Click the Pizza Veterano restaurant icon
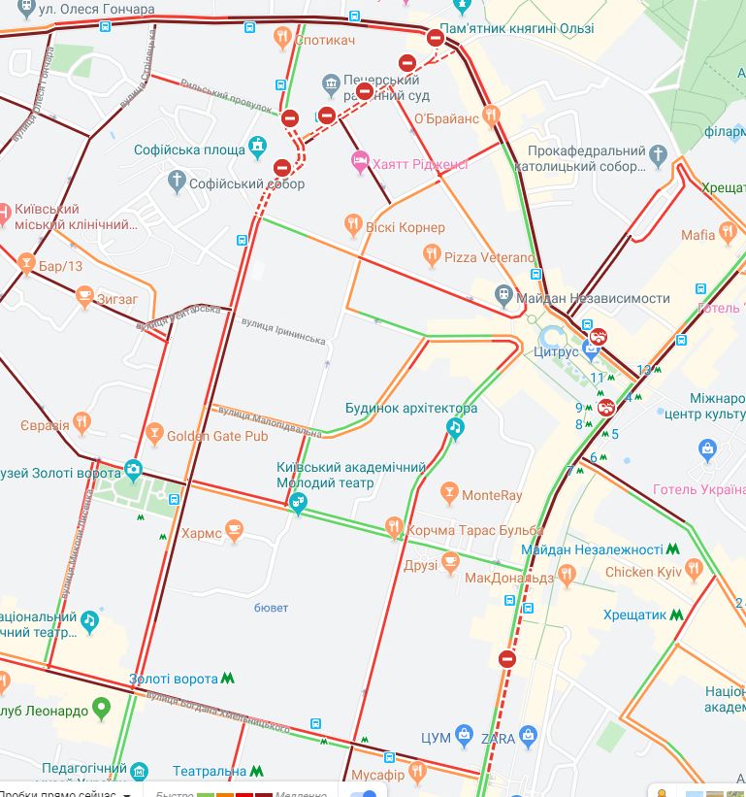432,256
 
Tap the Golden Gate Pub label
216,436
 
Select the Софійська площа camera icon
257,149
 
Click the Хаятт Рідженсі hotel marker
361,164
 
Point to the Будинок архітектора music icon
455,428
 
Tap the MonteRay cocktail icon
448,495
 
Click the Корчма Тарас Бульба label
462,530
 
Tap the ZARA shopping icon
528,738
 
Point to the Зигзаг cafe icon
84,299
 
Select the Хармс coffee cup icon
234,533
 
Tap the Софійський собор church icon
176,183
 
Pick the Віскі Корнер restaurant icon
354,227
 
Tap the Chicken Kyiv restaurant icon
695,572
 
